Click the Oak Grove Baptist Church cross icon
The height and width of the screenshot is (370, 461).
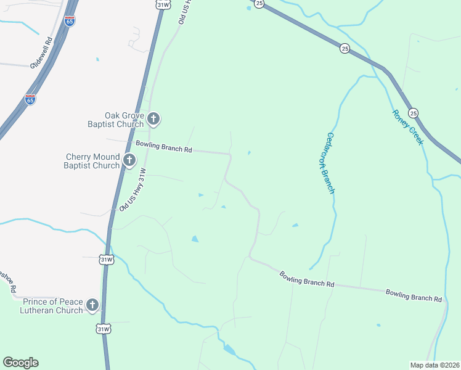coord(153,118)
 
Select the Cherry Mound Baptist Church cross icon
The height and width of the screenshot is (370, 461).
coord(129,161)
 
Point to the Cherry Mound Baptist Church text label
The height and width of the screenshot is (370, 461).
coord(92,161)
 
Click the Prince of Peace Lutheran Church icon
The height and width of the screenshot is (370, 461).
coord(92,305)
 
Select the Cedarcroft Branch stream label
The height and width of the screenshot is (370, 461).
coord(330,163)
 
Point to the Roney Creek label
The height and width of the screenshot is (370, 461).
coord(408,127)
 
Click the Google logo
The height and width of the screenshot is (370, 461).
coord(20,363)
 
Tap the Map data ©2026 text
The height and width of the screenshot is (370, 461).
coord(434,364)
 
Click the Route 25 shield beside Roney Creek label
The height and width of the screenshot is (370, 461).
coord(413,113)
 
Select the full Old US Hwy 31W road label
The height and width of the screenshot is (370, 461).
coord(133,190)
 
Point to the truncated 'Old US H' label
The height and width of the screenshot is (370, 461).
coord(184,12)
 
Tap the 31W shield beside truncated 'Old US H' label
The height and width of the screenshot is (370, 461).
coord(163,4)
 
